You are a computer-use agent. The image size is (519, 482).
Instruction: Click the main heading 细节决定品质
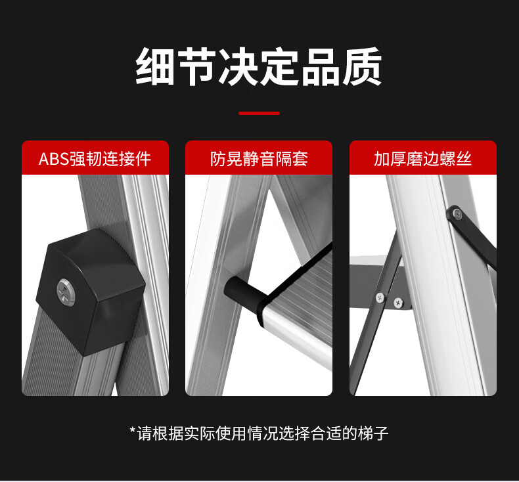(x=259, y=67)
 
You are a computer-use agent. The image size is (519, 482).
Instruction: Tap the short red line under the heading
(x=259, y=113)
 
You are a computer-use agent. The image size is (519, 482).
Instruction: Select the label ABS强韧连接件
(x=95, y=159)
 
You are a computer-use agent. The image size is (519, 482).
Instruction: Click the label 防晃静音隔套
(x=259, y=159)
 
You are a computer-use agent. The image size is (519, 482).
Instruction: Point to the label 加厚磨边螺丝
(x=422, y=159)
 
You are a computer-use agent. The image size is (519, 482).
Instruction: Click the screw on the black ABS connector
(x=66, y=291)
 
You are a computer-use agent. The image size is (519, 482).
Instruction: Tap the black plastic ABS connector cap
(x=90, y=292)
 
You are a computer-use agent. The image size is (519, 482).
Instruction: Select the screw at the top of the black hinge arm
(x=457, y=213)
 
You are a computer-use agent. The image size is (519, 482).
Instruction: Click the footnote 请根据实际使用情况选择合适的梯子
(x=263, y=433)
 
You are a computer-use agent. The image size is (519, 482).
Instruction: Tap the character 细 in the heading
(x=155, y=67)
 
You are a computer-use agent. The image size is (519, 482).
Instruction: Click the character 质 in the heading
(x=363, y=67)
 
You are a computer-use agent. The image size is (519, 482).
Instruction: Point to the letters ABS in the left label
(x=54, y=159)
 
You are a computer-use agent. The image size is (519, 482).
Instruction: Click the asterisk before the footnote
(x=133, y=431)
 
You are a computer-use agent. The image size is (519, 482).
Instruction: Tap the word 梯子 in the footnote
(x=373, y=433)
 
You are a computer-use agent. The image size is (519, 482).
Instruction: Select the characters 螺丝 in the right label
(x=456, y=159)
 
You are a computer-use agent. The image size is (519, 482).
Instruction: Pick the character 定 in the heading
(x=280, y=67)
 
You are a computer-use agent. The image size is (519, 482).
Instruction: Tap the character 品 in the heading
(x=321, y=67)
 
